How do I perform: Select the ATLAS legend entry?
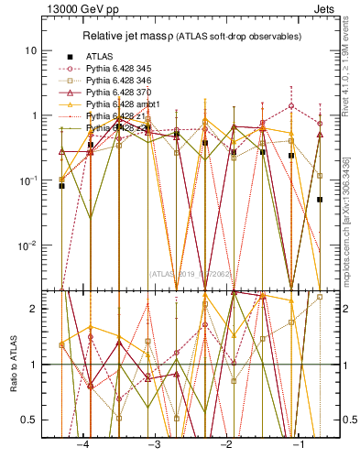coord(101,57)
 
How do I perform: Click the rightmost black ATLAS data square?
coord(320,199)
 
